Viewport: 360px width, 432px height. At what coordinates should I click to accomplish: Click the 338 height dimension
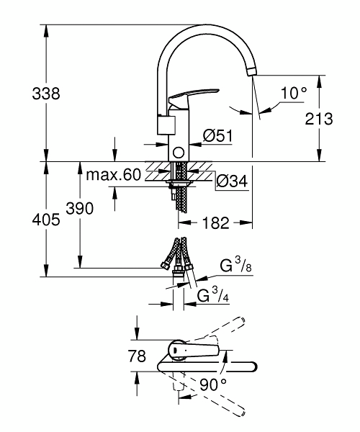[x=46, y=94]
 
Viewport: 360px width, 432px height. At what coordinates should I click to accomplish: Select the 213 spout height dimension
[x=319, y=119]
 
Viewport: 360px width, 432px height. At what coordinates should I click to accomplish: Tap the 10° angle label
[x=294, y=93]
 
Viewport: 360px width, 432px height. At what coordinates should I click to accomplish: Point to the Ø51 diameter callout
[x=218, y=135]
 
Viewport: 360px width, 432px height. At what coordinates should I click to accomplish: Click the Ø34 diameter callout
[x=232, y=181]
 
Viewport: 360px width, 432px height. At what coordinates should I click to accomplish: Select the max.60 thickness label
[x=114, y=174]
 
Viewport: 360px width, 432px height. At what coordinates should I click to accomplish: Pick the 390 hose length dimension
[x=80, y=208]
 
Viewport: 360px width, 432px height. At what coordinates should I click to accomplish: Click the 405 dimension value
[x=46, y=220]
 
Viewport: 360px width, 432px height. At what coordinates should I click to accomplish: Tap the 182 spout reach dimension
[x=215, y=222]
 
